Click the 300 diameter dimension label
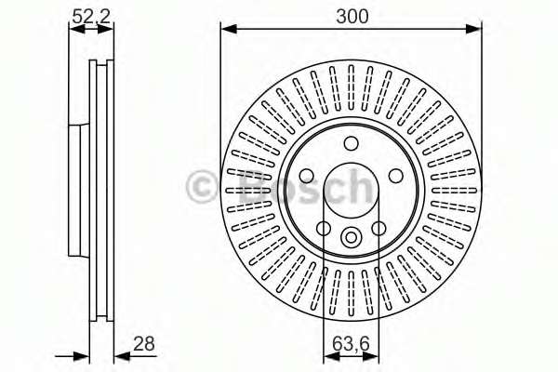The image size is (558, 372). (352, 15)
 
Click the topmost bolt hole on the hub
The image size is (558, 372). (351, 143)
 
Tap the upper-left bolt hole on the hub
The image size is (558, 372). (307, 176)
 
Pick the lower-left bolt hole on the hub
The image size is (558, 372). (324, 228)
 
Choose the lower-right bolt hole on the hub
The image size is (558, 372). (379, 228)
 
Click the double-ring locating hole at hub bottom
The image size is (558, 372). (351, 236)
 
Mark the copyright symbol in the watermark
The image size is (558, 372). (205, 186)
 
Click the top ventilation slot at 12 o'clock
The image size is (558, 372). (351, 84)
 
